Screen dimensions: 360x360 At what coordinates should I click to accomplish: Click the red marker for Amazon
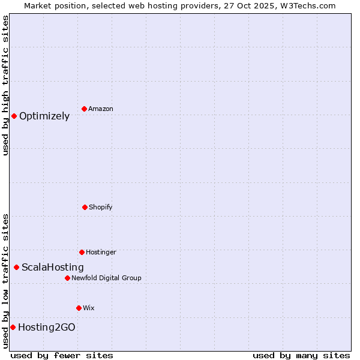(84, 109)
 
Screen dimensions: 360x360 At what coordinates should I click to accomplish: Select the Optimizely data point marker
(14, 116)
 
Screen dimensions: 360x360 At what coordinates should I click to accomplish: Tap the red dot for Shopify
(85, 207)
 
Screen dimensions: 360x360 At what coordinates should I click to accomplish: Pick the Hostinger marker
(82, 252)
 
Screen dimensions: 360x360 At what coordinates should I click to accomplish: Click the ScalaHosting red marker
(16, 267)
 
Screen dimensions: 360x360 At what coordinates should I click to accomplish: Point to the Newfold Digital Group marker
(67, 278)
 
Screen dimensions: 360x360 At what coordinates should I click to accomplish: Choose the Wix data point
(79, 308)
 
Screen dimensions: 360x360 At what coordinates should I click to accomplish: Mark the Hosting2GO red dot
(13, 327)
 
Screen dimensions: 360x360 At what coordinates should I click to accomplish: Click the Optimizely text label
(44, 116)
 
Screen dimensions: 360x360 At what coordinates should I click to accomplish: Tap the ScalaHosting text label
(53, 268)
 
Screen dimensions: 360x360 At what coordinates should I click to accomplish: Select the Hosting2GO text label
(47, 328)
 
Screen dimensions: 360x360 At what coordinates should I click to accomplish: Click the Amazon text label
(101, 109)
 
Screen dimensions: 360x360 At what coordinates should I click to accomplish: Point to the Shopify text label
(101, 208)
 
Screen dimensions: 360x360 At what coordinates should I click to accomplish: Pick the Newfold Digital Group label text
(107, 278)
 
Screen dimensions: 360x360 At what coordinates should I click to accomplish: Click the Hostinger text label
(101, 253)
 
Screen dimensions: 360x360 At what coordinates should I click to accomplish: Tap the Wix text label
(89, 308)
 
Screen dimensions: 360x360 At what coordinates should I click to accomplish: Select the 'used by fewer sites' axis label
(62, 355)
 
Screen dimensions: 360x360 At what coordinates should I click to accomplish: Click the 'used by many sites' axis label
(301, 355)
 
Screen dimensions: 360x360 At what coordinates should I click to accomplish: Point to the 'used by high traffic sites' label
(5, 86)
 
